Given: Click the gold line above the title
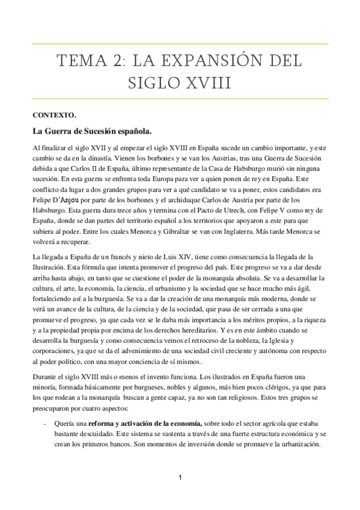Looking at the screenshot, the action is pyautogui.click(x=180, y=44).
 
